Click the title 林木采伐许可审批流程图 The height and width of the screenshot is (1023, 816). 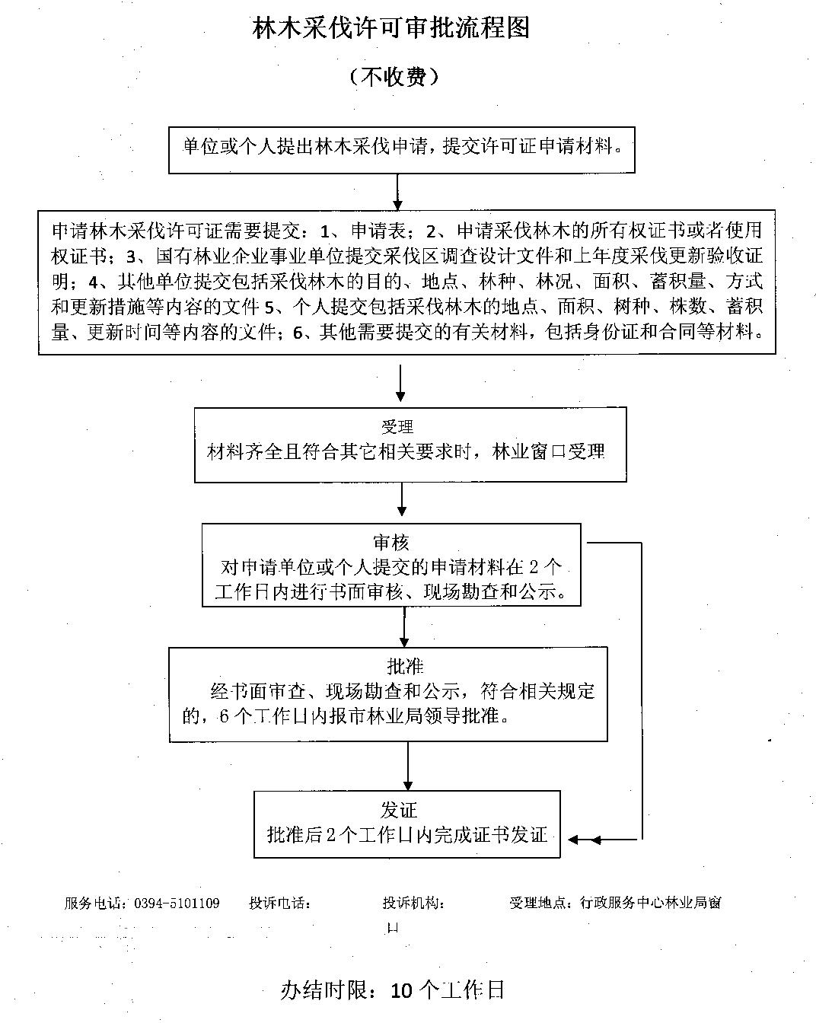pos(391,28)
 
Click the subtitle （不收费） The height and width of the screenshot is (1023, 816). pos(393,77)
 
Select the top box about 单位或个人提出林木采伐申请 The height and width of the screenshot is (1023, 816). pos(401,146)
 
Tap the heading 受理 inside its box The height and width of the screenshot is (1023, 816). pos(397,427)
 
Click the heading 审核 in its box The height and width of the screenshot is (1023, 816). pos(390,542)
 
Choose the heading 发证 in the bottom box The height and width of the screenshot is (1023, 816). pos(399,810)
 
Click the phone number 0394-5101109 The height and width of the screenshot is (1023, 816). pos(177,903)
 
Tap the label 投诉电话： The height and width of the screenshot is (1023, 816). pos(279,903)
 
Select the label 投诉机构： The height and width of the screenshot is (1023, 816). pos(414,903)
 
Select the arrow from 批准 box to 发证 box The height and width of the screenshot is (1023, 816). pos(408,766)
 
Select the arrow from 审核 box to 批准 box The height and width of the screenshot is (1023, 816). pos(403,626)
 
